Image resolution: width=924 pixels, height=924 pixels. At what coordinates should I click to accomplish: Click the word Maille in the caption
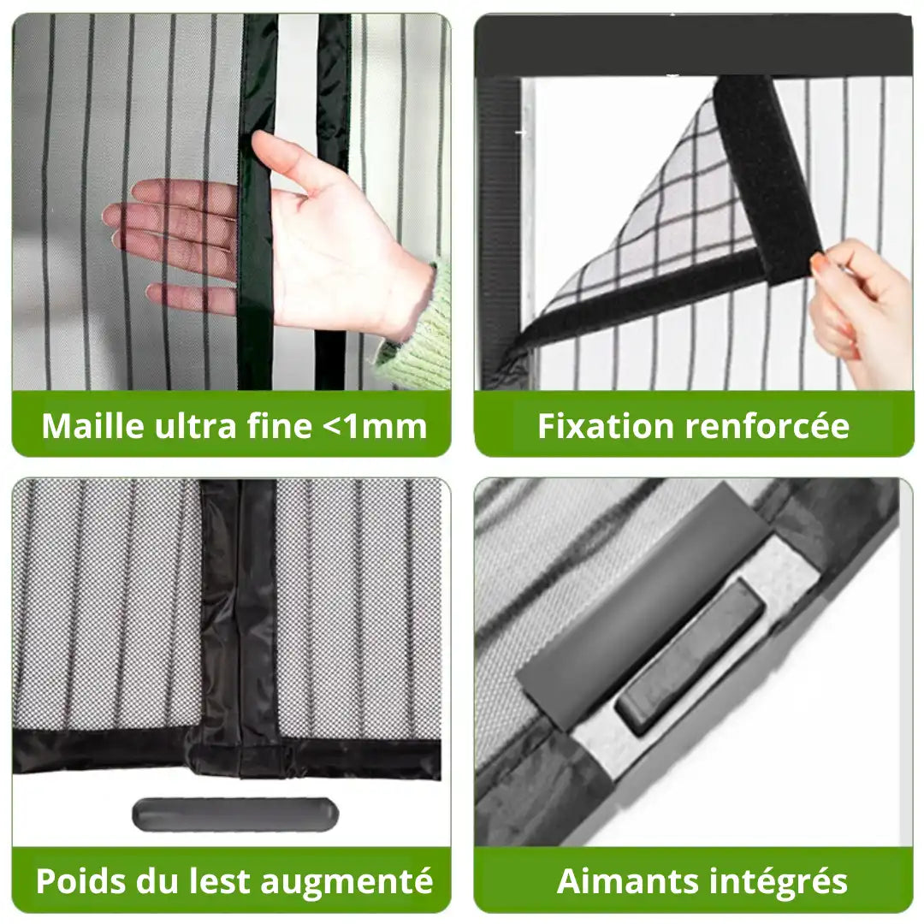pos(93,425)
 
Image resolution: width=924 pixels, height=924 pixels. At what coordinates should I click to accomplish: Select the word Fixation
pos(606,425)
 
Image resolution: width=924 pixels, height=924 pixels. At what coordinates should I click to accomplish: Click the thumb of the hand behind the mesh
pos(283,157)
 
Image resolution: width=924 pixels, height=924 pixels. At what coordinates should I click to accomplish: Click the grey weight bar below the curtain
pos(235,814)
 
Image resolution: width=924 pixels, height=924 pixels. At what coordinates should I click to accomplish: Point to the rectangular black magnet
pos(690,655)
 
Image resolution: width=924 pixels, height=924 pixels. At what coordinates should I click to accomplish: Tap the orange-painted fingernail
pos(817,264)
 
